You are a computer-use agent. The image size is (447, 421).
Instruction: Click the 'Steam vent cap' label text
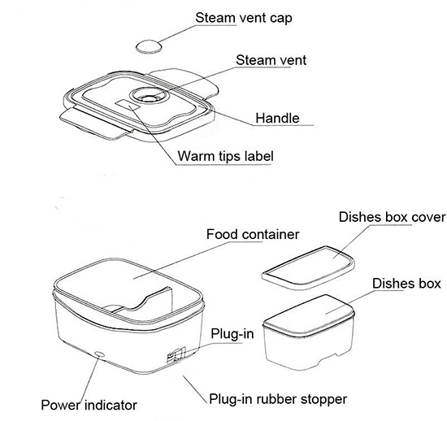244,18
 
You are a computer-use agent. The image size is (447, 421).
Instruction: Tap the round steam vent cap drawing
149,46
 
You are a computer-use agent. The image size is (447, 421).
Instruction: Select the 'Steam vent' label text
271,60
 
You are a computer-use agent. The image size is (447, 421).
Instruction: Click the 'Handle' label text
277,118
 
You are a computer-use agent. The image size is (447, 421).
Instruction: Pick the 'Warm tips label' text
225,156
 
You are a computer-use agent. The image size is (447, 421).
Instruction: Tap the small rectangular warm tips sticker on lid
128,106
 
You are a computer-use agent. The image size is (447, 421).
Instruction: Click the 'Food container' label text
253,234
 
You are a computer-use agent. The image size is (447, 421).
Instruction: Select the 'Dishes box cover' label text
392,217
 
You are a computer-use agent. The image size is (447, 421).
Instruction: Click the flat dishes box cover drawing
309,268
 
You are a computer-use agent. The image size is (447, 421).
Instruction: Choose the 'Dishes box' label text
406,284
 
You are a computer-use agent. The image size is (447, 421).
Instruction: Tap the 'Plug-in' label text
232,333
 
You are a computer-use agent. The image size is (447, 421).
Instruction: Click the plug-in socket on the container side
176,355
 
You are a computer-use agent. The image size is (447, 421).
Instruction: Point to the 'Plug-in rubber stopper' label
278,399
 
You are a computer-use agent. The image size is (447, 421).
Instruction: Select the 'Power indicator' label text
89,405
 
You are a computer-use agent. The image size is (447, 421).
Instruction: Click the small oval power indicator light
99,354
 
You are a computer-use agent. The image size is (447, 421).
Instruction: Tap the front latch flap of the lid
96,124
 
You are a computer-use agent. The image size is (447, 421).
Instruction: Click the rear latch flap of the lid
185,81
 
